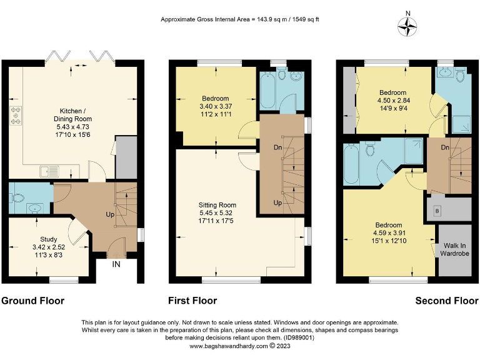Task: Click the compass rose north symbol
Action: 408,25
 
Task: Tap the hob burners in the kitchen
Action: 15,116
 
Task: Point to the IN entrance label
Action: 116,265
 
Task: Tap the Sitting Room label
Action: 217,204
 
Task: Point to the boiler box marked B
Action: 436,211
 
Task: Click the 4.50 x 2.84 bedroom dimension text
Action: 392,100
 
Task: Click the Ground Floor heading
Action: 32,301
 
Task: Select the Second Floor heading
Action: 446,301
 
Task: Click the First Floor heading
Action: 192,301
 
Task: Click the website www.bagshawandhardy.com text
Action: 228,346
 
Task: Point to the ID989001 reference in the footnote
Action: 299,337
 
